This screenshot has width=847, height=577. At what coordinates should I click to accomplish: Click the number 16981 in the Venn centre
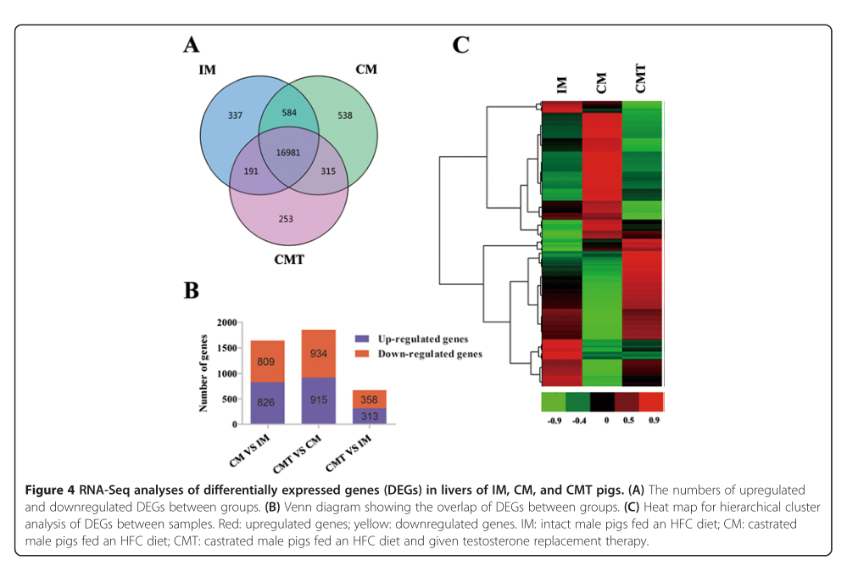pos(288,153)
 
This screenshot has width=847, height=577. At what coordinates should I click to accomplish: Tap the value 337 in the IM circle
pos(235,115)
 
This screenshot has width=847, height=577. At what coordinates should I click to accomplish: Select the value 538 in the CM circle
pos(344,115)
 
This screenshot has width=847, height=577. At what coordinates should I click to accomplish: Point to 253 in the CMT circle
pos(286,219)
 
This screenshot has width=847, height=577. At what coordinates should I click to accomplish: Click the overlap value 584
pos(289,113)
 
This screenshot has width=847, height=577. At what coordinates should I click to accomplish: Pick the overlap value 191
pos(251,171)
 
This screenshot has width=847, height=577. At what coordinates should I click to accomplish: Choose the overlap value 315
pos(328,171)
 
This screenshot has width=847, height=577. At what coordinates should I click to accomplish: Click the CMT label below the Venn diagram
pos(289,260)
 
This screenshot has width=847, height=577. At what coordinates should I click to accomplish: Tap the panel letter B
pos(192,290)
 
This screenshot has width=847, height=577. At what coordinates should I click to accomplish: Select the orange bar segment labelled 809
pos(267,361)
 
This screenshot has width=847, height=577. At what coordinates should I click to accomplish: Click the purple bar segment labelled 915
pos(318,401)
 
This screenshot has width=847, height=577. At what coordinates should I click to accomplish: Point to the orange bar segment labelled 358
pos(370,399)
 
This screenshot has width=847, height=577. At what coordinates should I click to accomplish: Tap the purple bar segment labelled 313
pos(370,416)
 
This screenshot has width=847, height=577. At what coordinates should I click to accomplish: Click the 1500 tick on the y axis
pos(227,348)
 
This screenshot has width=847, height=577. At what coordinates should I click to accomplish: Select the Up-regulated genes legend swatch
pos(362,339)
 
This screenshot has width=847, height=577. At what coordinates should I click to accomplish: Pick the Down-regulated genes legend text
pos(430,354)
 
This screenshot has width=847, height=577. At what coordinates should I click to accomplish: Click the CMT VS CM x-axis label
pos(297,454)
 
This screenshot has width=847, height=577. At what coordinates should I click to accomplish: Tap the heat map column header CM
pos(601,83)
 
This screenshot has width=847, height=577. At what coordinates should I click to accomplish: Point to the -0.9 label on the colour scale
pos(554,420)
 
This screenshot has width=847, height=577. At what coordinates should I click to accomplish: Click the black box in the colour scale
pos(602,402)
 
